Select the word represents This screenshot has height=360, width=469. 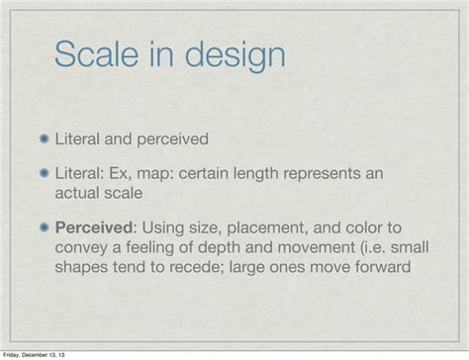click(x=350, y=173)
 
